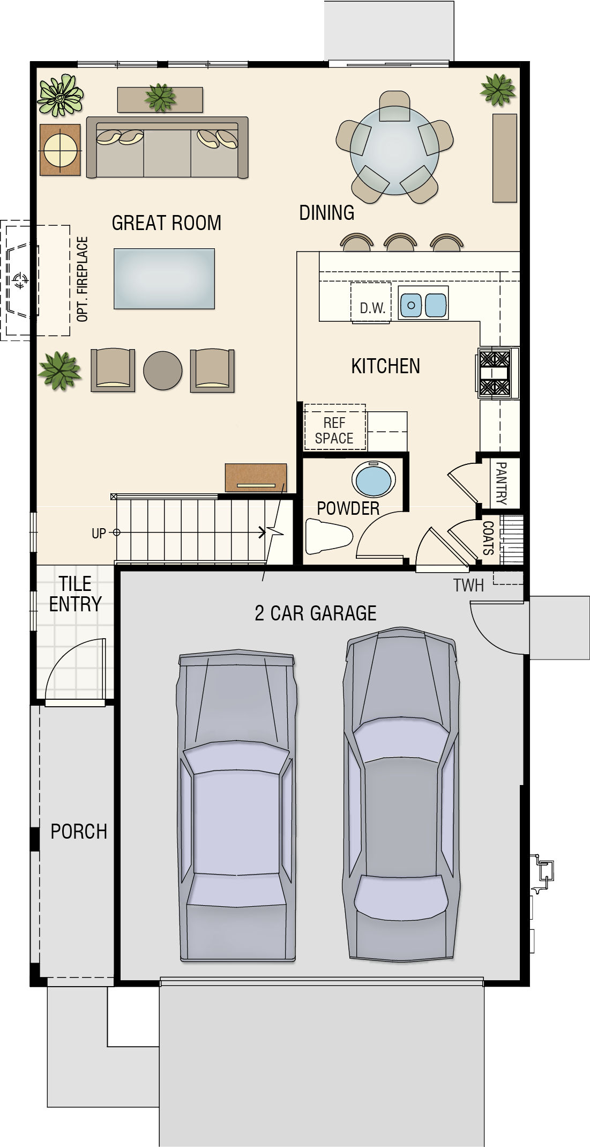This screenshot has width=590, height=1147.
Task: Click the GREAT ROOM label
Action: pyautogui.click(x=166, y=223)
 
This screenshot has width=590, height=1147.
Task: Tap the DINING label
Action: pyautogui.click(x=326, y=212)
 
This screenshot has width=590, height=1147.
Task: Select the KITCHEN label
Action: pyautogui.click(x=385, y=366)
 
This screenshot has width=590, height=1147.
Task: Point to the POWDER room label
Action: pyautogui.click(x=348, y=508)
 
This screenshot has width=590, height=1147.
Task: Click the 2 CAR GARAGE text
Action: pyautogui.click(x=315, y=613)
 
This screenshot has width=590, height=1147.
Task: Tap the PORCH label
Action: pyautogui.click(x=79, y=831)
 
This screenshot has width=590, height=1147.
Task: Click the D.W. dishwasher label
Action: pyautogui.click(x=372, y=308)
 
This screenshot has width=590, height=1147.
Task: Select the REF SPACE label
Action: pyautogui.click(x=334, y=431)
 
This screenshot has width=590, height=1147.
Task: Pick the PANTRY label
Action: pyautogui.click(x=501, y=483)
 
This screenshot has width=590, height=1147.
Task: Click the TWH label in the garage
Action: pyautogui.click(x=468, y=585)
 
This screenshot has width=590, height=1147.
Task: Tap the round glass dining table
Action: pyautogui.click(x=395, y=150)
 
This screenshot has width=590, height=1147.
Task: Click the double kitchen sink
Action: pyautogui.click(x=423, y=305)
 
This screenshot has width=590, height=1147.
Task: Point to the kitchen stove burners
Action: pyautogui.click(x=495, y=373)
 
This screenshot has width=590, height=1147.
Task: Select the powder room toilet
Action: pyautogui.click(x=328, y=536)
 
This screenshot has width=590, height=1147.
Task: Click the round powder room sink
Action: pyautogui.click(x=374, y=479)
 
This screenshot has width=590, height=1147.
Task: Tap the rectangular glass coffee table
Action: pyautogui.click(x=164, y=279)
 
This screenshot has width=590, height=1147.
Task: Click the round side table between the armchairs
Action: pyautogui.click(x=163, y=371)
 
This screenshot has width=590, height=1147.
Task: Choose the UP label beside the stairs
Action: pyautogui.click(x=99, y=534)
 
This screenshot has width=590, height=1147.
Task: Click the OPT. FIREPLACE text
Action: pyautogui.click(x=82, y=279)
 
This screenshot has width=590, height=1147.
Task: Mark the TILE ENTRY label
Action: pyautogui.click(x=75, y=594)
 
